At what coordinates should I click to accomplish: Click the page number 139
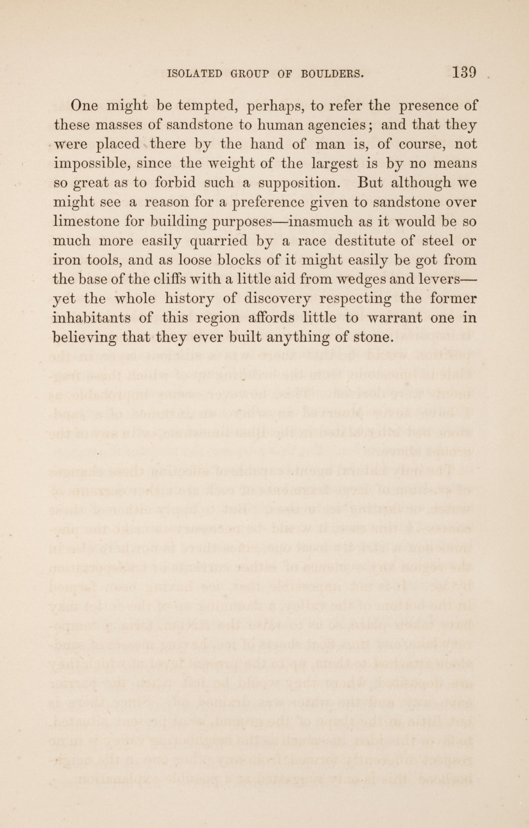pyautogui.click(x=464, y=73)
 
